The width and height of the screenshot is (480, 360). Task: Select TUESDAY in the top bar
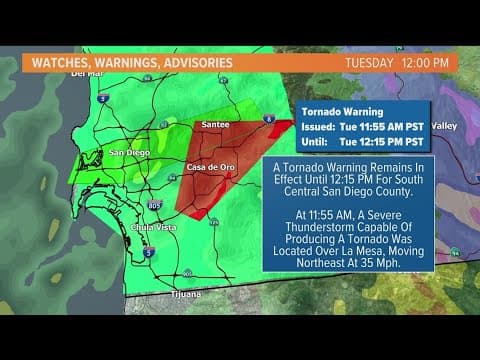(371, 62)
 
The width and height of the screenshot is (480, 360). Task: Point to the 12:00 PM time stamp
(427, 62)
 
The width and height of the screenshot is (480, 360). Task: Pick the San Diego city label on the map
(129, 153)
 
